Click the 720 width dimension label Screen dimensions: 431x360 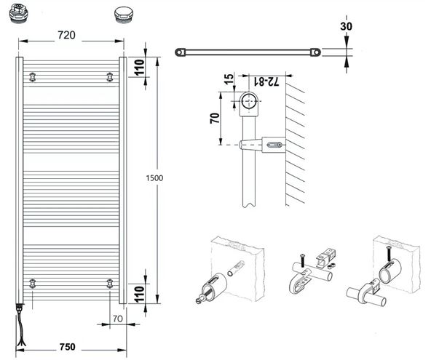pyautogui.click(x=66, y=35)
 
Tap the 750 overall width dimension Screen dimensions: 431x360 pyautogui.click(x=67, y=347)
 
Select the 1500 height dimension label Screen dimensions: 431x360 pyautogui.click(x=154, y=178)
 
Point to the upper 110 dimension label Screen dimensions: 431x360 pyautogui.click(x=140, y=68)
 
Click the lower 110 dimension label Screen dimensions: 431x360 pyautogui.click(x=140, y=294)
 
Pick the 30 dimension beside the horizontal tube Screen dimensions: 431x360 pyautogui.click(x=346, y=26)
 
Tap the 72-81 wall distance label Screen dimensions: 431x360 pyautogui.click(x=266, y=81)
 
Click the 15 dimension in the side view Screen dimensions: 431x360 pyautogui.click(x=229, y=79)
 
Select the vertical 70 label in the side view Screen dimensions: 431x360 pyautogui.click(x=215, y=118)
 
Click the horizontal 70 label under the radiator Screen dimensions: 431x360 pyautogui.click(x=118, y=319)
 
